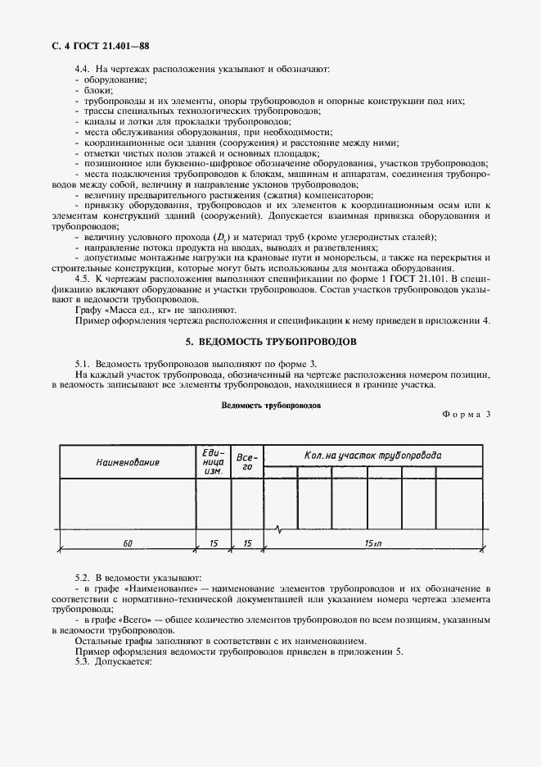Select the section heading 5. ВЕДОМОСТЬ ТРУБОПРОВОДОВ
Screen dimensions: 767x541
point(270,340)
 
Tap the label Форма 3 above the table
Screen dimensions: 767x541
point(466,414)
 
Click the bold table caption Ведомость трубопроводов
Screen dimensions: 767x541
point(270,405)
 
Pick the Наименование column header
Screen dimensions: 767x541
point(127,462)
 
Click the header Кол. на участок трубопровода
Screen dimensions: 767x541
point(372,455)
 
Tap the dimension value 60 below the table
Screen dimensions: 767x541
point(128,543)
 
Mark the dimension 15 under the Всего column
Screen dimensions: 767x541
point(247,543)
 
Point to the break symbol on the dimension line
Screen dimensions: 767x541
point(281,529)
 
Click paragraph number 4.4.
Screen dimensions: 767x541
point(83,69)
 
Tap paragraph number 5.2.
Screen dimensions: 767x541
point(83,579)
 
